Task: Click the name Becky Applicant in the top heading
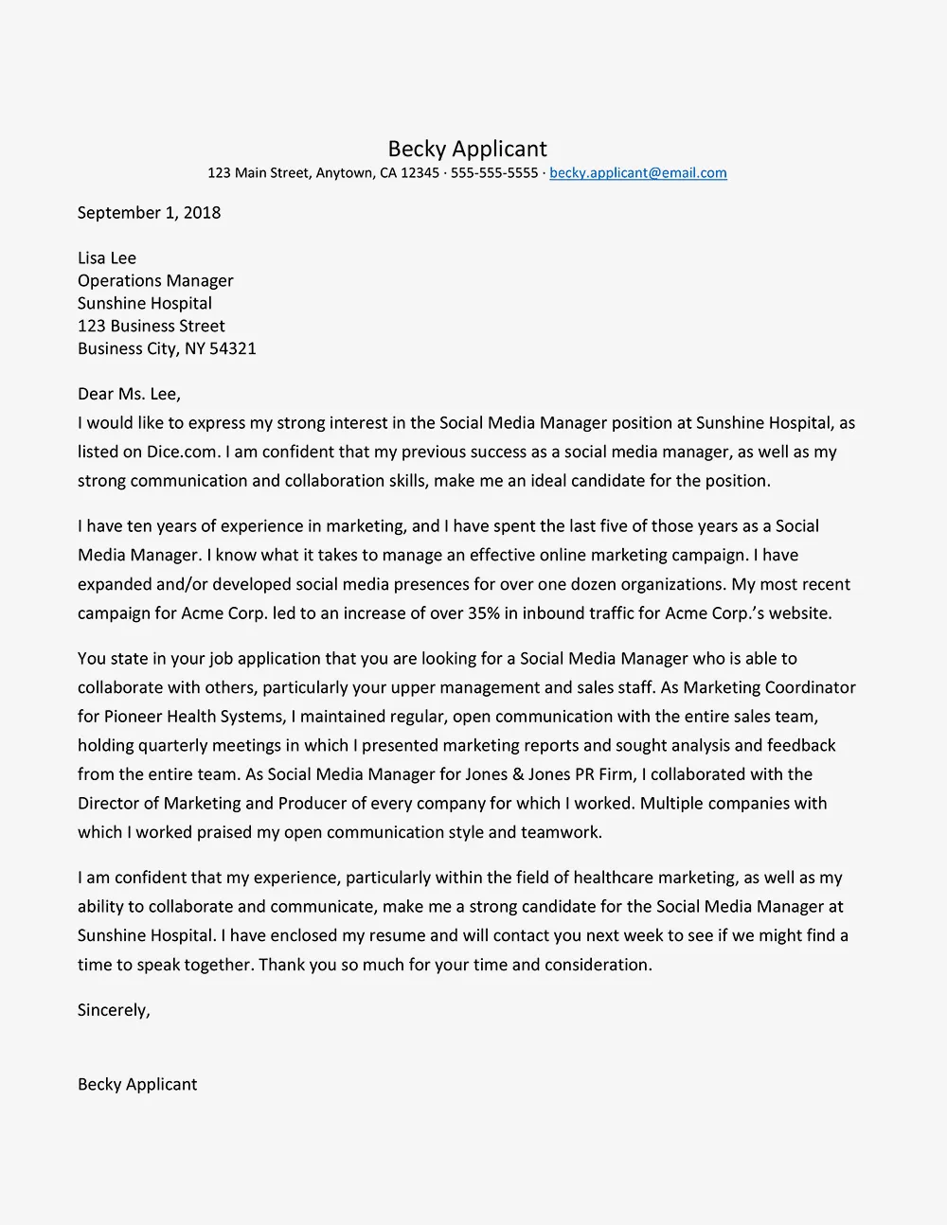click(467, 149)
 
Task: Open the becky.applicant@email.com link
click(637, 173)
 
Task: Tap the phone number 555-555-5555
click(494, 173)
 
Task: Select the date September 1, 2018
click(149, 213)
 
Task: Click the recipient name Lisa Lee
click(107, 257)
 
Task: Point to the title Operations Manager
click(155, 280)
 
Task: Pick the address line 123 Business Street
click(152, 326)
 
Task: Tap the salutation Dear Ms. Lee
click(129, 394)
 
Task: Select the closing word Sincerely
click(113, 1010)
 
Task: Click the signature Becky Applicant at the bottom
click(137, 1084)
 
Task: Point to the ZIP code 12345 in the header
click(420, 173)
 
